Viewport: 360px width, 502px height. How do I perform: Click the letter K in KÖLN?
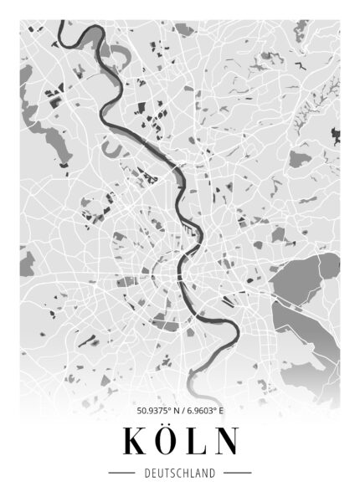coord(135,441)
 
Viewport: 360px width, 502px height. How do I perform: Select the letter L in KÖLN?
coord(196,441)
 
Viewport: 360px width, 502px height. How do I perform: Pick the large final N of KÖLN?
coord(224,441)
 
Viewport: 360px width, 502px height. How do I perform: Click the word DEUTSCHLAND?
coord(179,474)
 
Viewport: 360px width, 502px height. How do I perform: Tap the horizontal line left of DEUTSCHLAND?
coord(124,474)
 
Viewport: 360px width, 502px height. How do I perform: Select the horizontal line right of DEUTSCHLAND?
coord(236,474)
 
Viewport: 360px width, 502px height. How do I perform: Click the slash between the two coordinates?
coord(178,411)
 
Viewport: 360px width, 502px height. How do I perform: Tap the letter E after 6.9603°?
coord(221,411)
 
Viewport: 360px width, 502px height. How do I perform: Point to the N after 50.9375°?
coord(172,411)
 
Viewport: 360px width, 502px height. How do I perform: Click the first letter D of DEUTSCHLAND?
coord(147,474)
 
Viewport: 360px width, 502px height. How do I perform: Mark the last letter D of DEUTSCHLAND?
coord(213,474)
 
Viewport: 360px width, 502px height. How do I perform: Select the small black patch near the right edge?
coord(336,134)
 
